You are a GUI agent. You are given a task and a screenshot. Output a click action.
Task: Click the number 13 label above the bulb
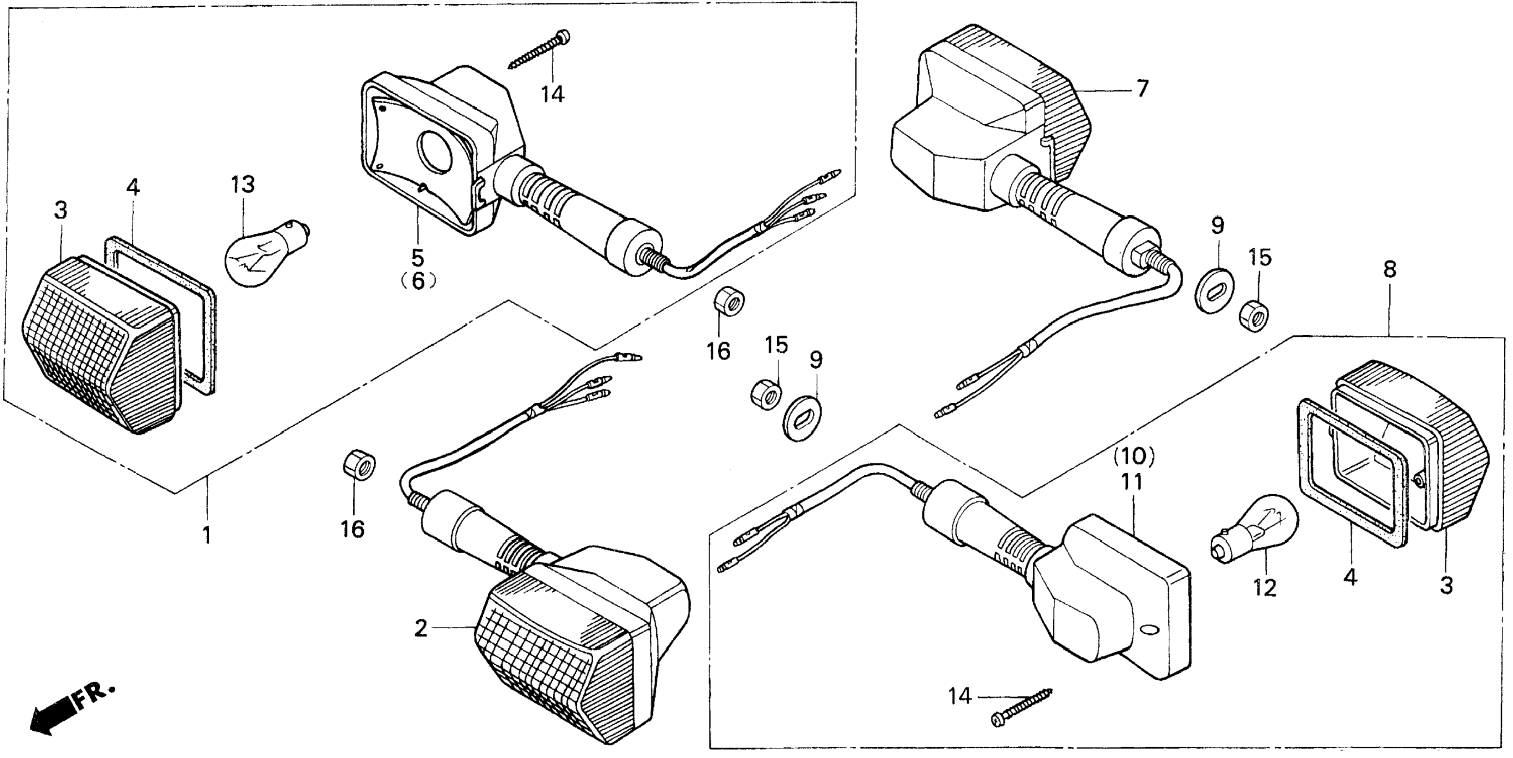[x=242, y=185]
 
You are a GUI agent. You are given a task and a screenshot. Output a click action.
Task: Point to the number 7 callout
[x=1141, y=89]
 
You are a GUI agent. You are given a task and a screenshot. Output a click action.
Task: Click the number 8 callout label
[x=1389, y=270]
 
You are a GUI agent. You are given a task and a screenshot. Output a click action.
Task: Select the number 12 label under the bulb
[x=1265, y=588]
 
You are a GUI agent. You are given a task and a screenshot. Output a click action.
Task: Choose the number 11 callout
[x=1132, y=482]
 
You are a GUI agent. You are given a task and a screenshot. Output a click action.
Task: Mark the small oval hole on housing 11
[x=1149, y=630]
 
